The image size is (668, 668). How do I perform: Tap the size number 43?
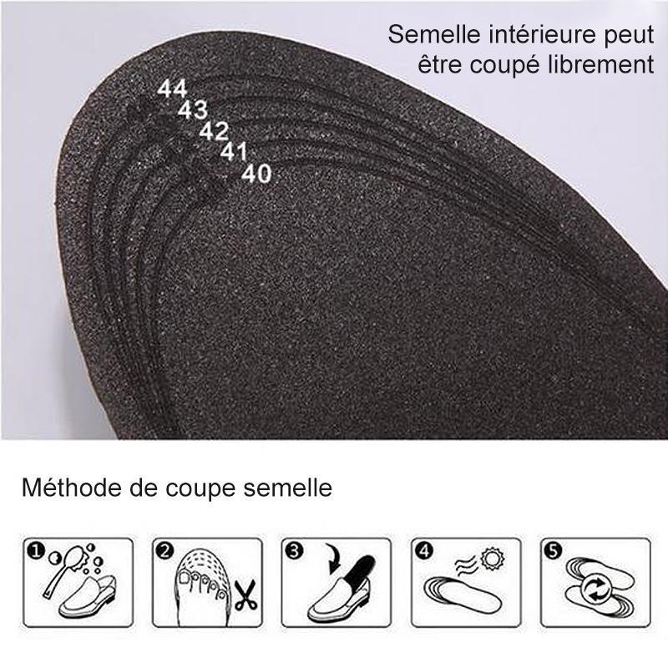[x=193, y=109]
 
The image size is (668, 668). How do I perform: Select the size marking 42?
[x=214, y=130]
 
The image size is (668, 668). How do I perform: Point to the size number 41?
[x=235, y=151]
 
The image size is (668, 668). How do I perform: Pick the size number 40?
[x=256, y=174]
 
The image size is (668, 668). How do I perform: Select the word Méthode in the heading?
[x=67, y=488]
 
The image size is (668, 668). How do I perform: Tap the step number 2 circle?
[x=164, y=551]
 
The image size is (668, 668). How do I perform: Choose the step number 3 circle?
[x=295, y=551]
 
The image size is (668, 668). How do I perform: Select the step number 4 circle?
[x=425, y=551]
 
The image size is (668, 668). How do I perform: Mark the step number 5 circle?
[x=555, y=551]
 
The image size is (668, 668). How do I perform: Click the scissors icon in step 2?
[x=244, y=595]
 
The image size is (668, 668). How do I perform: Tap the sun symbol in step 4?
[x=492, y=558]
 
